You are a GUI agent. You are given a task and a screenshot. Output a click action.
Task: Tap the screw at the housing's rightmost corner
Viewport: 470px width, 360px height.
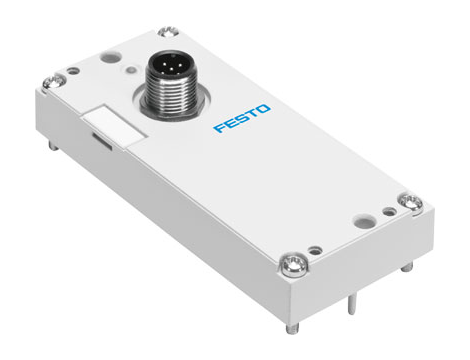click(410, 202)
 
